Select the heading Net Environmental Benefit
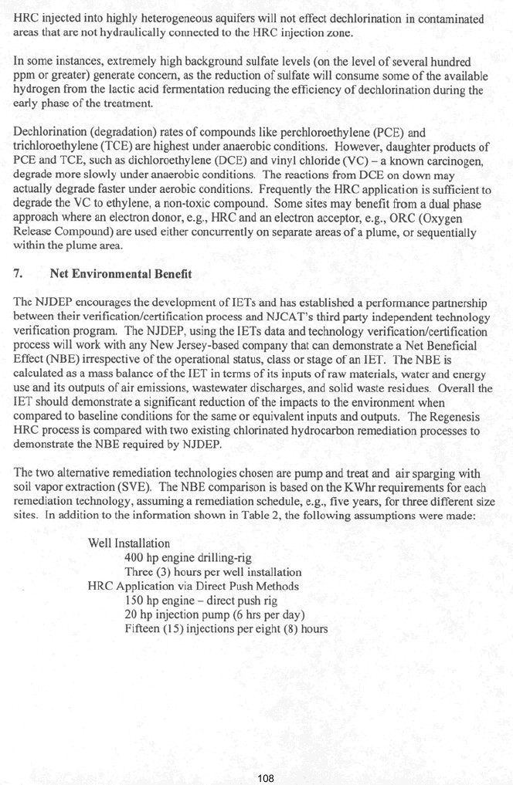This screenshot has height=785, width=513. (125, 274)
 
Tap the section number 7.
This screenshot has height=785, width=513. (19, 274)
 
